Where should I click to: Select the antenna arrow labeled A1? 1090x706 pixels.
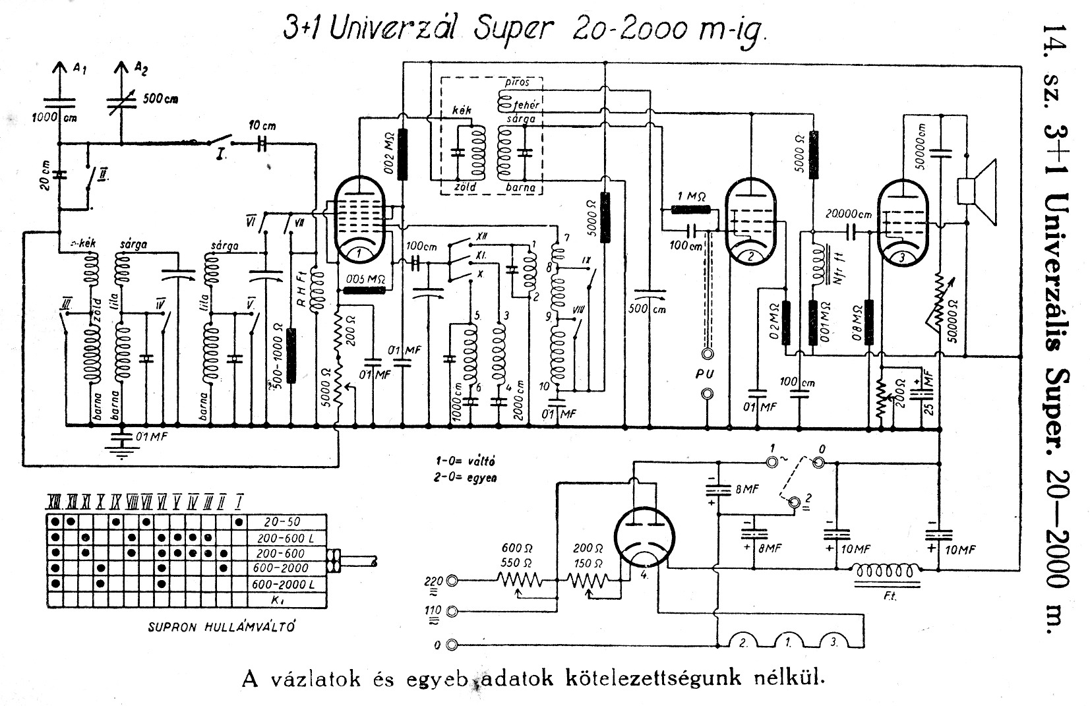(x=59, y=69)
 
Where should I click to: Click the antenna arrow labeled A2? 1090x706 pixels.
(x=121, y=69)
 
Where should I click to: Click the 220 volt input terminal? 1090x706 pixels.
(x=453, y=581)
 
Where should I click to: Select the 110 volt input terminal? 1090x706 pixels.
(x=453, y=611)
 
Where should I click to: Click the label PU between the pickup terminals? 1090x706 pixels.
(x=706, y=374)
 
